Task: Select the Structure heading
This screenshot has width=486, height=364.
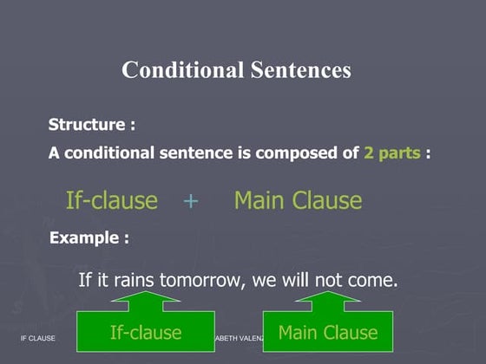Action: pyautogui.click(x=91, y=125)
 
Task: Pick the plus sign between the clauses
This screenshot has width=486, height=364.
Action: pyautogui.click(x=191, y=201)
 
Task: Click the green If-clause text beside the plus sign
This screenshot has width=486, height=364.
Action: pyautogui.click(x=112, y=201)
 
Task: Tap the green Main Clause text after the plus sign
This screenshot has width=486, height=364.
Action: pyautogui.click(x=298, y=201)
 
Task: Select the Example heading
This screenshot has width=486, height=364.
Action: pyautogui.click(x=89, y=237)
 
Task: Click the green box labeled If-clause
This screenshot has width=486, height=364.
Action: pyautogui.click(x=145, y=333)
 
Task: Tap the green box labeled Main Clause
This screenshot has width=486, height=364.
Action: pyautogui.click(x=327, y=333)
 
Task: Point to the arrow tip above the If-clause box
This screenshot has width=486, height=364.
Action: pyautogui.click(x=145, y=293)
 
